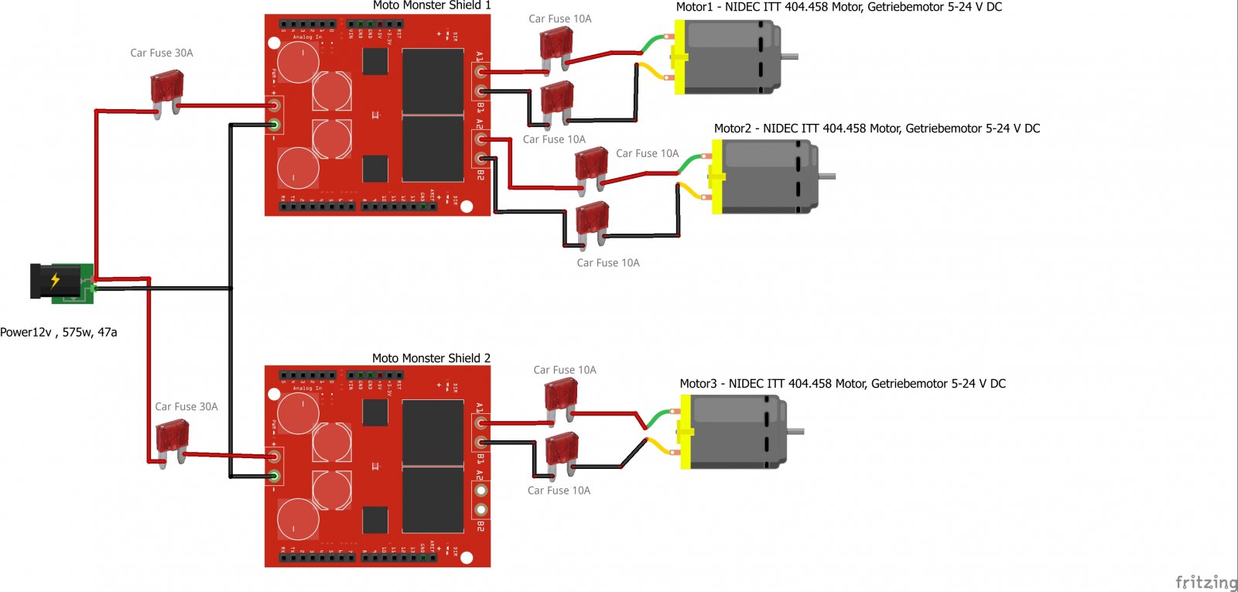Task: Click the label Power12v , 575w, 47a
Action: click(x=59, y=332)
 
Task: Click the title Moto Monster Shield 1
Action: click(x=432, y=5)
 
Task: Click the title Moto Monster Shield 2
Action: click(x=431, y=358)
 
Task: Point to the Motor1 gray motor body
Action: click(x=731, y=57)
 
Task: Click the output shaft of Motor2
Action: click(x=827, y=176)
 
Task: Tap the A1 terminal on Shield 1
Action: click(x=481, y=72)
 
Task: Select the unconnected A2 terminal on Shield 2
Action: click(x=481, y=491)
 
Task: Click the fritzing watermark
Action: click(x=1206, y=582)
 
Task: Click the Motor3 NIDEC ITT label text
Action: click(x=842, y=384)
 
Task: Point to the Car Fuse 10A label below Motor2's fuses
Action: click(x=608, y=263)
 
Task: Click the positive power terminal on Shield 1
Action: click(x=274, y=105)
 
